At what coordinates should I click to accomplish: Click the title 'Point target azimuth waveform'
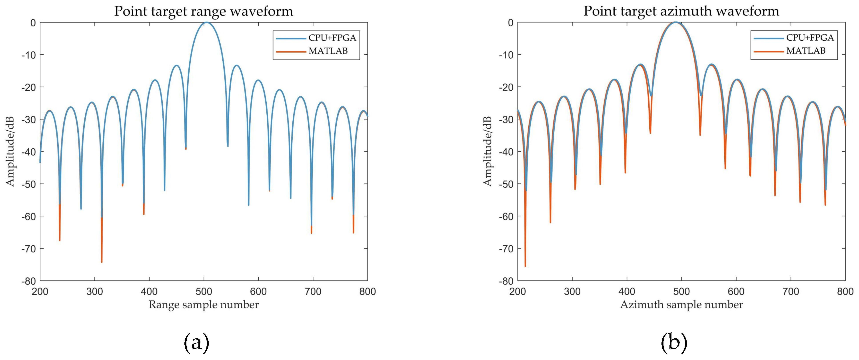click(681, 11)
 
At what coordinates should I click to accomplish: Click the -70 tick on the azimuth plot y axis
click(506, 249)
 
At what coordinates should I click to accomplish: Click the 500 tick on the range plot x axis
click(204, 292)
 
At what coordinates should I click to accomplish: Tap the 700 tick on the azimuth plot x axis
click(791, 292)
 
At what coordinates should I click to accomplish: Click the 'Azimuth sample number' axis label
click(681, 305)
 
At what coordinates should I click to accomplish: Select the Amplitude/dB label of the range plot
click(10, 152)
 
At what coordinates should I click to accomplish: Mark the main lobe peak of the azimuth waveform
click(676, 22)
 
